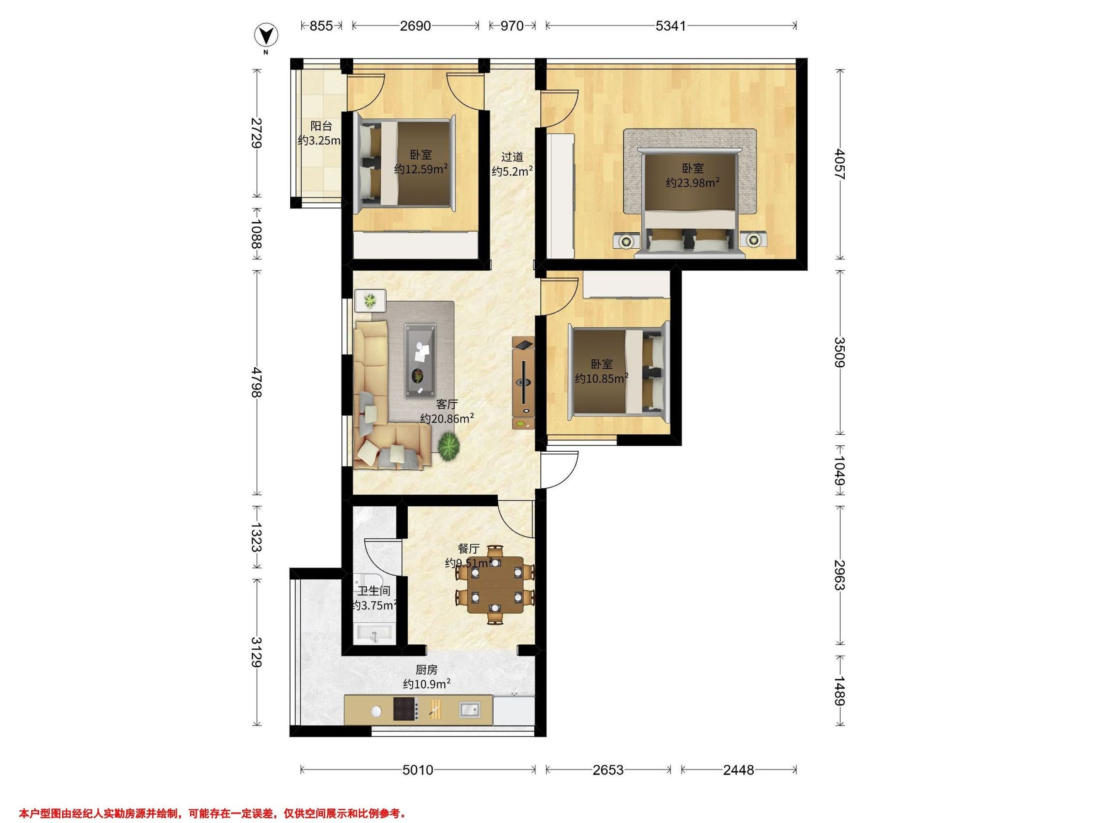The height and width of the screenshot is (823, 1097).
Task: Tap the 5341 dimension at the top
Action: pos(671,26)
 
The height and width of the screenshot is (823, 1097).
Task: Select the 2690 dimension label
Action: pos(415,26)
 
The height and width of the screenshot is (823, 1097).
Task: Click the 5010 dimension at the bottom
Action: pos(418,770)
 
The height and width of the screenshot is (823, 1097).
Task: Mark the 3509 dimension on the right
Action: pos(839,352)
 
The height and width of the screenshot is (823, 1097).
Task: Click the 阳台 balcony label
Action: pos(321,127)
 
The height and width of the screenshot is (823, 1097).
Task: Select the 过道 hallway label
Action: pos(512,157)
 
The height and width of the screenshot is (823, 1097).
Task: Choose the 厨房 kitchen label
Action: pos(426,670)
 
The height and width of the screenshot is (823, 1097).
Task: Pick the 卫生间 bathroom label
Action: pos(374,591)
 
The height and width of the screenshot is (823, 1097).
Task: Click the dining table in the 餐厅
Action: pos(495,585)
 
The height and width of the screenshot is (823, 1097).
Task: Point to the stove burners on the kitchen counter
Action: pos(405,709)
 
